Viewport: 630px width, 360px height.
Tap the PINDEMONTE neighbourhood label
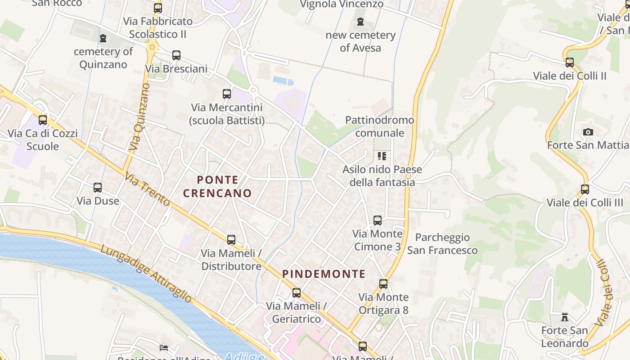point(324,274)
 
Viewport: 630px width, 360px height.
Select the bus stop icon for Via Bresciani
point(176,55)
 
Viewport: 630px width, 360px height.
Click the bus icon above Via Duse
point(98,188)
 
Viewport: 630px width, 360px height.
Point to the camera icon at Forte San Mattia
point(588,132)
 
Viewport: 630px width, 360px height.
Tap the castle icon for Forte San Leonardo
point(564,317)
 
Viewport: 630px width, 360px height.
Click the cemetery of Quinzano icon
point(103,38)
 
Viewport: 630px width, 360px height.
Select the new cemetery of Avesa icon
point(360,22)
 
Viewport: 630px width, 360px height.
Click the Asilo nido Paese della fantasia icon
point(382,156)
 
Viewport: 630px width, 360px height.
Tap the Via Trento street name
point(147,189)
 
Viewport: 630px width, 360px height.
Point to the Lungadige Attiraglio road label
point(146,274)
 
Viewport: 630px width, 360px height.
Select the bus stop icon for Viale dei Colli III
point(585,189)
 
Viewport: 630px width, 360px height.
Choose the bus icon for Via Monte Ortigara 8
point(383,284)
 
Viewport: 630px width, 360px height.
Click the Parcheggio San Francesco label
point(442,243)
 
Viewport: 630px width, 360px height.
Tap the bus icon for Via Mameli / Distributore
point(231,240)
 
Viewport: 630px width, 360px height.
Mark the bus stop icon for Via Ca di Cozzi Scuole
point(43,120)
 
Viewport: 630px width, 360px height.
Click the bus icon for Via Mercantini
point(227,94)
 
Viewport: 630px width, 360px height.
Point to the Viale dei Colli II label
point(570,76)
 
